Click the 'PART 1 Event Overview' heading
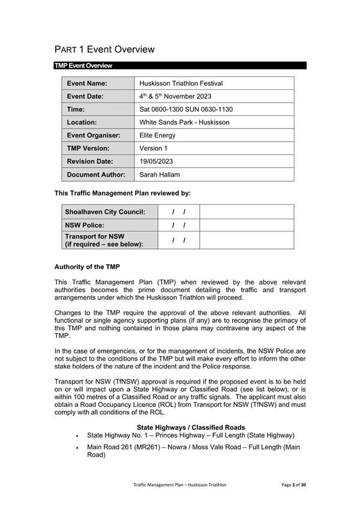pyautogui.click(x=104, y=50)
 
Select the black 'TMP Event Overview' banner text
pyautogui.click(x=83, y=65)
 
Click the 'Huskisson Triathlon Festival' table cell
pyautogui.click(x=181, y=83)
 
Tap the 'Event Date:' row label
pyautogui.click(x=85, y=97)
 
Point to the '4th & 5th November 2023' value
pyautogui.click(x=175, y=97)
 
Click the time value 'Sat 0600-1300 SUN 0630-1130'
pyautogui.click(x=186, y=110)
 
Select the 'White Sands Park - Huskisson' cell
pyautogui.click(x=184, y=122)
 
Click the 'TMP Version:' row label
pyautogui.click(x=88, y=148)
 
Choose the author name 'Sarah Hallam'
pyautogui.click(x=160, y=175)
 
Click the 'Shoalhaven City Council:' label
pyautogui.click(x=105, y=212)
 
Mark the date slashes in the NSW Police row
pyautogui.click(x=178, y=226)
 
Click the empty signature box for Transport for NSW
pyautogui.click(x=246, y=240)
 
